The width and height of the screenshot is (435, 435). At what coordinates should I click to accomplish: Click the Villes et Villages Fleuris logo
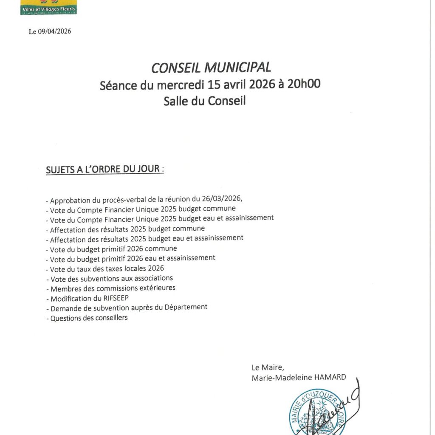click(x=48, y=7)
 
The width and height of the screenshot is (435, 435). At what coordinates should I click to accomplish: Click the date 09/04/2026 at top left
click(x=55, y=32)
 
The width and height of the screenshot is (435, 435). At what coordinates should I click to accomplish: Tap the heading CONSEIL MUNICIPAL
click(x=211, y=67)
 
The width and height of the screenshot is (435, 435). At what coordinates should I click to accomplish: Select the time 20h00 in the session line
click(x=304, y=84)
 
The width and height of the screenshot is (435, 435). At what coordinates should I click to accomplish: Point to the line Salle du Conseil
click(x=205, y=101)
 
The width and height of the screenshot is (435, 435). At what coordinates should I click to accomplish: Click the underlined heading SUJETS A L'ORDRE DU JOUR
click(x=105, y=169)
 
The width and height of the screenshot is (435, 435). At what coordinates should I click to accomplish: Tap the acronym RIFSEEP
click(x=108, y=298)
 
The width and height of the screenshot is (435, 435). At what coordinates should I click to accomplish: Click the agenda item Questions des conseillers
click(x=89, y=318)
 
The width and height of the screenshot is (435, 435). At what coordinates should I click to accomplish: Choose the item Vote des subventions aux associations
click(x=111, y=279)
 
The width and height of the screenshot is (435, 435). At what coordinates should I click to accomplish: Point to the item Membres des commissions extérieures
click(x=113, y=288)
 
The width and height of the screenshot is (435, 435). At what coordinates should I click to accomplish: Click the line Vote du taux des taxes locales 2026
click(x=107, y=268)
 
